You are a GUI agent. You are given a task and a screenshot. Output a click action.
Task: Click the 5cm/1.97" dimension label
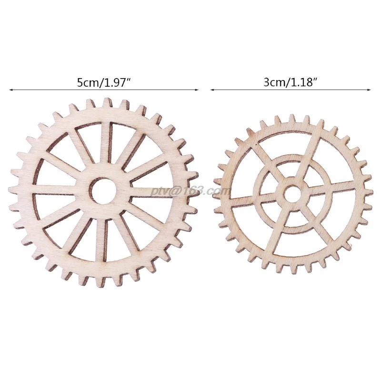pos(104,83)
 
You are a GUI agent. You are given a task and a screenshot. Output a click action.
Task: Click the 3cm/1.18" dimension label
pos(291,82)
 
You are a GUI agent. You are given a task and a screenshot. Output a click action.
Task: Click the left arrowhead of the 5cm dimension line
pos(11,90)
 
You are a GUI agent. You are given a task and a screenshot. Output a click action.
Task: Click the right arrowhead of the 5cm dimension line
pos(197,90)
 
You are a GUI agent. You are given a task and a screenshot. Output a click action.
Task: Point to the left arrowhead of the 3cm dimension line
pos(212,90)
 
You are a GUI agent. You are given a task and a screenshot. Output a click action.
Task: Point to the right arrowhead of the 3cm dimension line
pos(369,90)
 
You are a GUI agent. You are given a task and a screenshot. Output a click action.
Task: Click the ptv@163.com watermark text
pos(190,191)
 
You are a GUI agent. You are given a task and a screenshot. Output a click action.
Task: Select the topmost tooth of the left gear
pos(106,102)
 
